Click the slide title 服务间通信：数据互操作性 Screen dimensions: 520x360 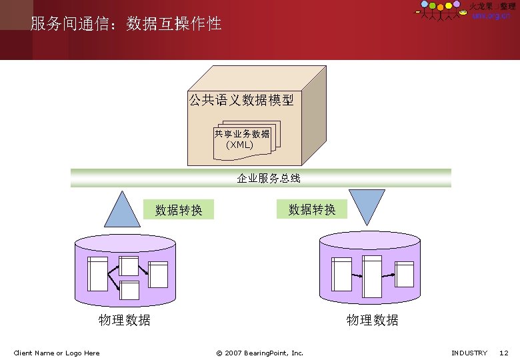(x=126, y=25)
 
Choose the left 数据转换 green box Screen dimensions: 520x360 (x=179, y=210)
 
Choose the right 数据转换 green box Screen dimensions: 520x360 (x=312, y=209)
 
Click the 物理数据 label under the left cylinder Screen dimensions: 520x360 (x=125, y=320)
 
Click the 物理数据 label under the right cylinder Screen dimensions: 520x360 (x=373, y=320)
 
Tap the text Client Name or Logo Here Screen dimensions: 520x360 (x=57, y=353)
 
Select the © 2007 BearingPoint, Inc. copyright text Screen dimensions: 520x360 (x=260, y=353)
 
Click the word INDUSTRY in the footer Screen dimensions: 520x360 (x=469, y=353)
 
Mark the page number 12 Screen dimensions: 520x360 (x=504, y=353)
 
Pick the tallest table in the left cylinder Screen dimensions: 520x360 (x=98, y=273)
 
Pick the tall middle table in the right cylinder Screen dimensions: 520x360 (x=372, y=275)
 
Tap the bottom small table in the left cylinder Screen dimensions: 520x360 (x=129, y=290)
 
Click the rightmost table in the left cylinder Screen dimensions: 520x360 (x=159, y=274)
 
